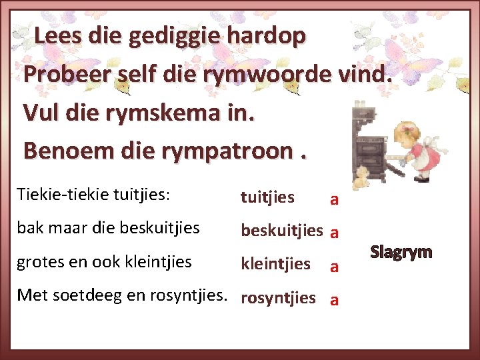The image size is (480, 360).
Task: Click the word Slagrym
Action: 401,253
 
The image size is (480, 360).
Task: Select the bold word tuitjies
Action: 267,197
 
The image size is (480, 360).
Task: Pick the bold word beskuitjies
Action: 281,231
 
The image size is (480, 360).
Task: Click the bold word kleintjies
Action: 275,264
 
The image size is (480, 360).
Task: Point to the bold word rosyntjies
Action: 278,298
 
